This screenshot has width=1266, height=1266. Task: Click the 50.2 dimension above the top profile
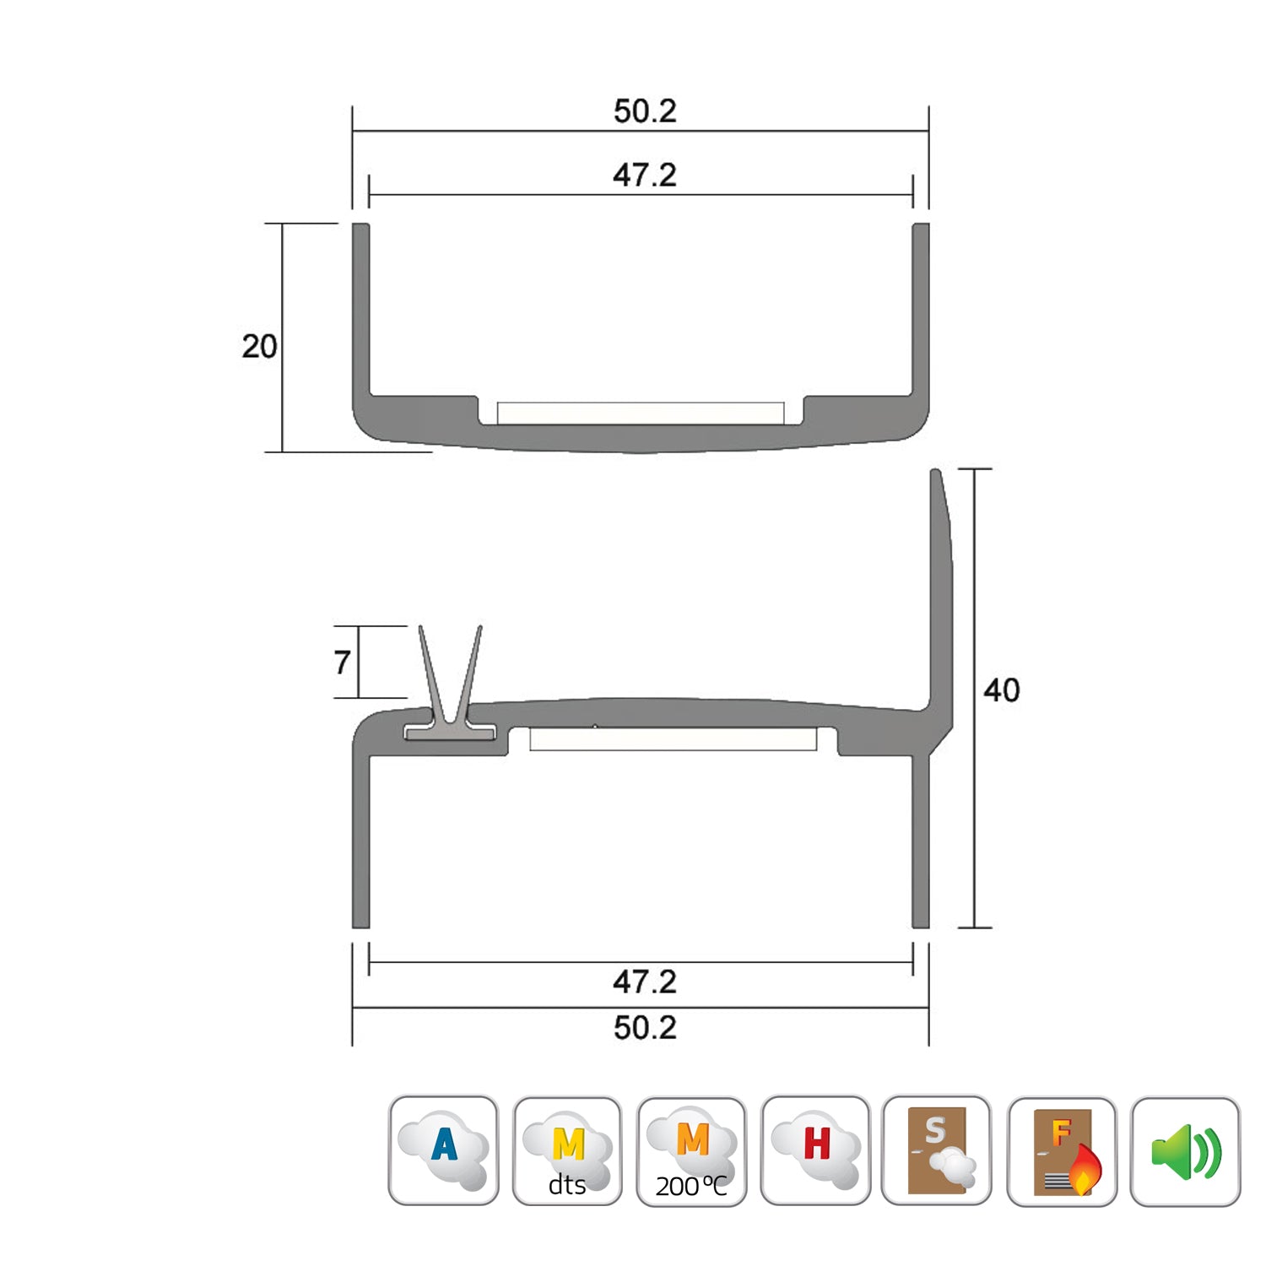tap(645, 111)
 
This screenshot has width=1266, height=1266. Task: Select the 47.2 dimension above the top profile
tap(645, 176)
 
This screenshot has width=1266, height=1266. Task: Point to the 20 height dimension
tap(259, 346)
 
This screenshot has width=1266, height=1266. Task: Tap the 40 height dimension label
tap(1001, 690)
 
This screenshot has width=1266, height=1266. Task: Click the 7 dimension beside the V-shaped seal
tap(342, 663)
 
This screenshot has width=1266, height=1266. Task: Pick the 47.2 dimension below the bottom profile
tap(645, 982)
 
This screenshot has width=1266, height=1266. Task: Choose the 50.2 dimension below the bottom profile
tap(645, 1028)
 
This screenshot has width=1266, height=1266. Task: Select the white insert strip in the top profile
tap(641, 414)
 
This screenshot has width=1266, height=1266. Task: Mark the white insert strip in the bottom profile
tap(673, 739)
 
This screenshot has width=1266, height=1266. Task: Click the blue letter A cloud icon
tap(443, 1150)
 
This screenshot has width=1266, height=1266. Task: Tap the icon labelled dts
tap(567, 1150)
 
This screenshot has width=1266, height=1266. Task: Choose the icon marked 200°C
tap(691, 1150)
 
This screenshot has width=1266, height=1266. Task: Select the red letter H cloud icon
tap(815, 1150)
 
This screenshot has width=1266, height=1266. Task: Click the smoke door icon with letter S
tap(937, 1150)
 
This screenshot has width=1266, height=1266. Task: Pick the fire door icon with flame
tap(1062, 1150)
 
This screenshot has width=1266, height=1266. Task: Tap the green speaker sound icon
tap(1185, 1150)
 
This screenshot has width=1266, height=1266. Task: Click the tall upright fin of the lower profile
tap(940, 591)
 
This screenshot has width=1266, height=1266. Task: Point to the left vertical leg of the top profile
tap(360, 312)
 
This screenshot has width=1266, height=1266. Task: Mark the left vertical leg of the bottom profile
tap(360, 844)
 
